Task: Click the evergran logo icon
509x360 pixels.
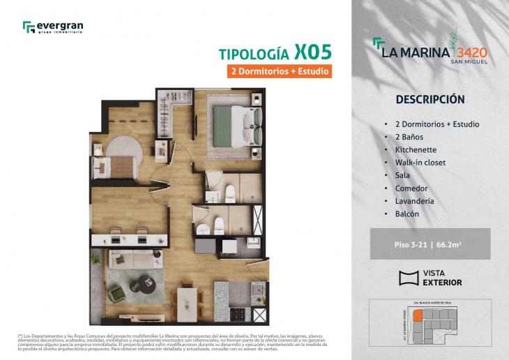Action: point(29,27)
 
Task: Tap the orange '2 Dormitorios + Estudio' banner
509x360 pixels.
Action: point(278,71)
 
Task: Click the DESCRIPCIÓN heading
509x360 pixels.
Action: point(430,100)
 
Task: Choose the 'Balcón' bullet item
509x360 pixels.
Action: point(407,213)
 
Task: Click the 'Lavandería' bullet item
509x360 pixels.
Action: point(415,201)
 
